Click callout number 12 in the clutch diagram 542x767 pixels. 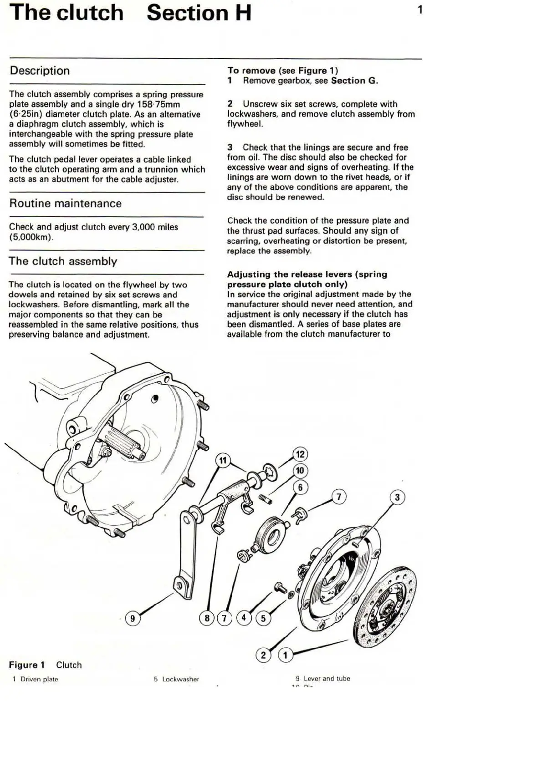point(300,454)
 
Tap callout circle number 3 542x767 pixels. point(397,497)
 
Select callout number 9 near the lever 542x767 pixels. point(133,618)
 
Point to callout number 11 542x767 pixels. point(223,460)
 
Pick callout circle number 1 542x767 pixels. point(286,655)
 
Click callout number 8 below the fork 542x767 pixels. point(207,618)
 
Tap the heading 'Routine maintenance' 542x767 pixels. point(66,203)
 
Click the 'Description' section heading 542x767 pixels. point(40,71)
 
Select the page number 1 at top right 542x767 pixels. point(420,10)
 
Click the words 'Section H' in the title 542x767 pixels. point(199,13)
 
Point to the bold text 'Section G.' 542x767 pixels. point(354,81)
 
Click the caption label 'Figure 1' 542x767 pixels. point(27,665)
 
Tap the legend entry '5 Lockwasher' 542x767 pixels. point(176,679)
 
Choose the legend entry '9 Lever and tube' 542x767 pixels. point(323,678)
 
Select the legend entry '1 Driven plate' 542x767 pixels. point(36,679)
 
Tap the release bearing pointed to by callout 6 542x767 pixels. point(270,532)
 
